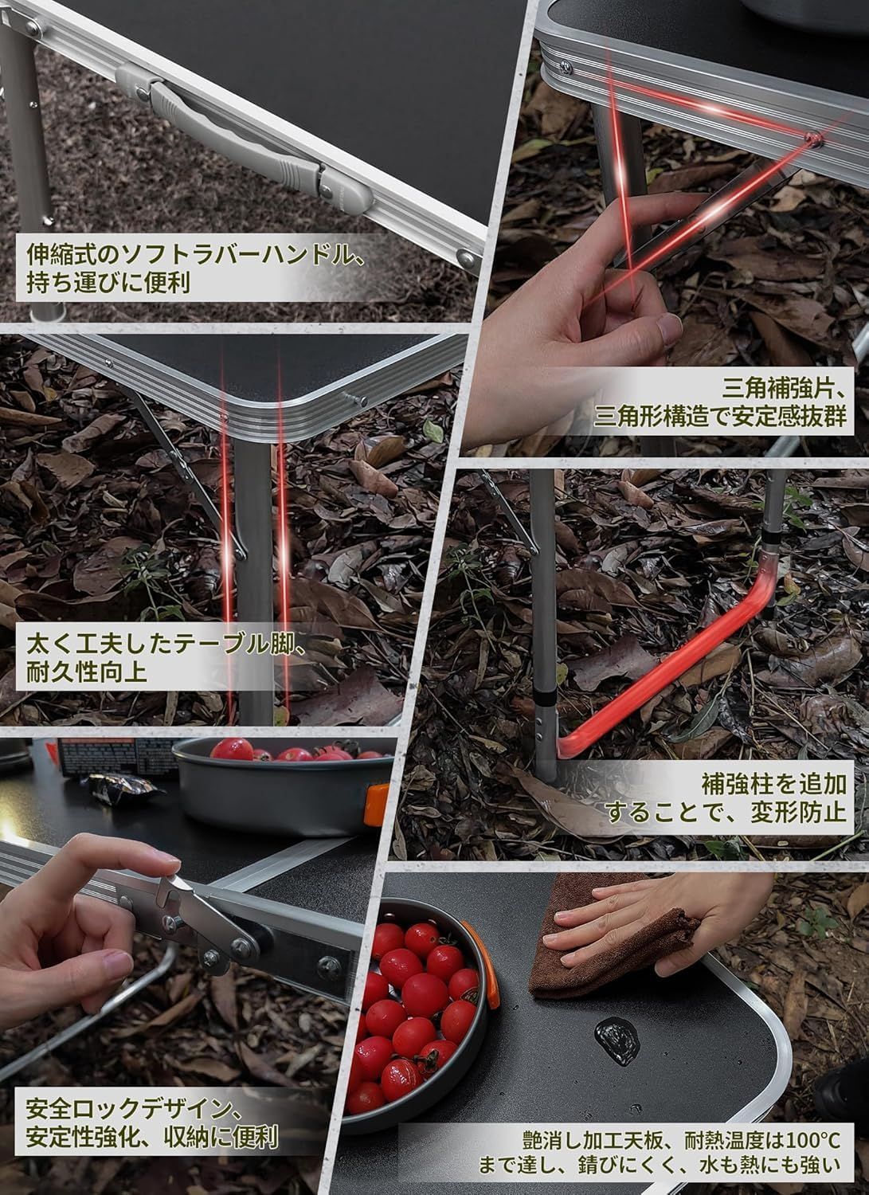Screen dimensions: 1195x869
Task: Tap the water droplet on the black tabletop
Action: pyautogui.click(x=618, y=1040)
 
